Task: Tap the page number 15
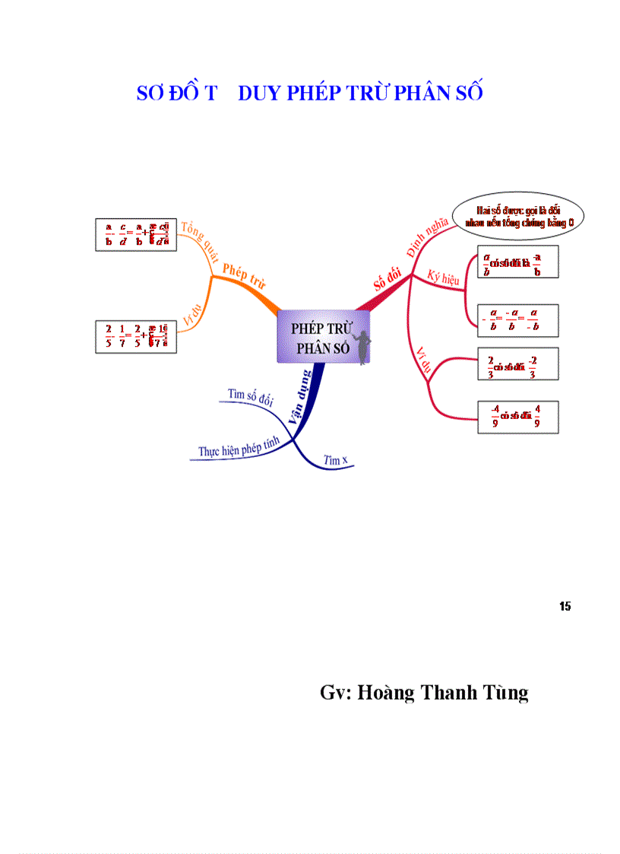pyautogui.click(x=565, y=606)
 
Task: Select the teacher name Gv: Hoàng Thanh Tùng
pyautogui.click(x=424, y=693)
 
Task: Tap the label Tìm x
pyautogui.click(x=335, y=460)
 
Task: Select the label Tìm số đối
pyautogui.click(x=250, y=396)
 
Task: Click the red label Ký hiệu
pyautogui.click(x=444, y=277)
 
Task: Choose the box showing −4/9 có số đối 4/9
pyautogui.click(x=518, y=417)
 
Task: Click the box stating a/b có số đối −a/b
pyautogui.click(x=518, y=262)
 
